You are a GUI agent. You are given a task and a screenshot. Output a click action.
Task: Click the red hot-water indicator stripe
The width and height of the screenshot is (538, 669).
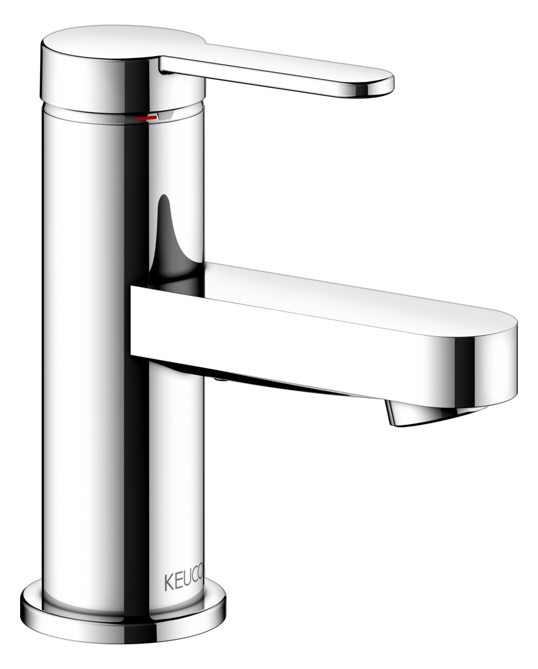click(x=145, y=118)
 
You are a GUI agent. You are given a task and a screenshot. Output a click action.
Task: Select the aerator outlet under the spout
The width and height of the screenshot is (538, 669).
click(x=407, y=415)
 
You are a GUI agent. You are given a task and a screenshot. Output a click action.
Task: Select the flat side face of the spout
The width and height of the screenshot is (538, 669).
click(x=287, y=339)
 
